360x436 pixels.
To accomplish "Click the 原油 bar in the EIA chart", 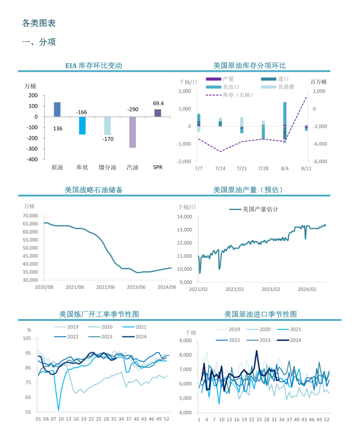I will point(57,109).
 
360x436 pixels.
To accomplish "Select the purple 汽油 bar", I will point(132,132).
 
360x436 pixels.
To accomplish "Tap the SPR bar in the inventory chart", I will point(158,113).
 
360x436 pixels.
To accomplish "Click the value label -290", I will point(133,109).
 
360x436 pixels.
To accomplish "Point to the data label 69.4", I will point(158,103).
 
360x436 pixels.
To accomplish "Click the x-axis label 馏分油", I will point(107,167).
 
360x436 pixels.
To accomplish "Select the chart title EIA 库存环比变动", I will point(94,66).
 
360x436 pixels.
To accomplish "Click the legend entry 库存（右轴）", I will point(238,95).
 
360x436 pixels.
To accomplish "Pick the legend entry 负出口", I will point(231,87).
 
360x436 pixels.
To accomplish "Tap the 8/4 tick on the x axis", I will point(285,168).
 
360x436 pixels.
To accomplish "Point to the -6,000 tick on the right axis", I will point(320,161).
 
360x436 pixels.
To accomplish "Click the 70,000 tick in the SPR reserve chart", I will point(30,216).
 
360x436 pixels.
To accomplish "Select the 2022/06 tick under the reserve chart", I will point(105,287).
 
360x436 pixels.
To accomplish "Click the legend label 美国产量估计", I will point(260,209).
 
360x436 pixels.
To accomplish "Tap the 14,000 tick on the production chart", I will point(184,217).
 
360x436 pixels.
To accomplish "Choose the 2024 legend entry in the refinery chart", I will point(141,337).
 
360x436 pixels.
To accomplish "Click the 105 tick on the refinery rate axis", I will point(27,338).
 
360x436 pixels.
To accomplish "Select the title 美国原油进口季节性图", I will point(260,314).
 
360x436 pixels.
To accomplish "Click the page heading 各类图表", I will point(39,23).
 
